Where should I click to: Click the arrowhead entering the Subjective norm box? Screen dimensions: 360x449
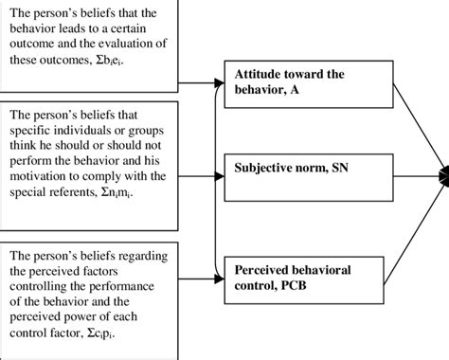point(223,172)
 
